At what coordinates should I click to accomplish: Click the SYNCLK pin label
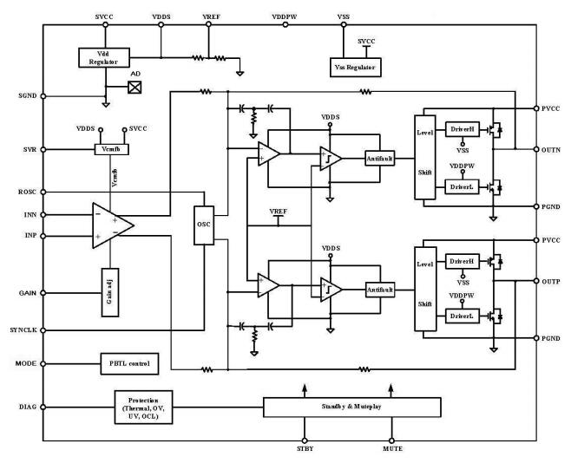coord(21,330)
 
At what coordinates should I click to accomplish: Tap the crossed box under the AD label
coord(135,87)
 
